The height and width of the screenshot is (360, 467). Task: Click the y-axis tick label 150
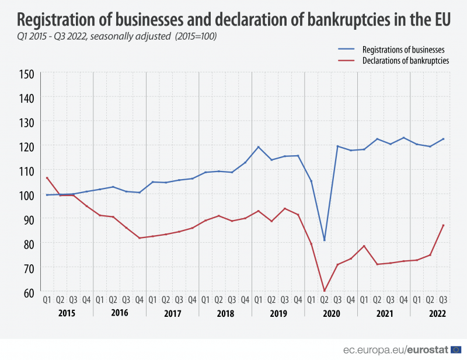point(26,74)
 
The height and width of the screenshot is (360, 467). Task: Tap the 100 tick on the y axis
point(26,195)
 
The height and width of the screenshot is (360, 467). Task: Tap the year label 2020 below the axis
point(331,313)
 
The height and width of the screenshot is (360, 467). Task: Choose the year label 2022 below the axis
point(437,313)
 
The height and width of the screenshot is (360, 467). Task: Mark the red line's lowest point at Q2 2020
point(324,291)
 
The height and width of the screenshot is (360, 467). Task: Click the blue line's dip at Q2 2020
point(324,240)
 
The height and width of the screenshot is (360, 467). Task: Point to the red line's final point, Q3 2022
point(443,225)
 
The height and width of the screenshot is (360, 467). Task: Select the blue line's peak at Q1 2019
point(258,146)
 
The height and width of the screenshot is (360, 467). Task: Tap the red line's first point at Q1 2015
point(47,177)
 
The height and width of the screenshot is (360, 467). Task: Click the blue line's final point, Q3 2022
point(443,139)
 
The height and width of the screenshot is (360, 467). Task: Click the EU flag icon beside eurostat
point(456,349)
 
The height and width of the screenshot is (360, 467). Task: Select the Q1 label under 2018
point(205,300)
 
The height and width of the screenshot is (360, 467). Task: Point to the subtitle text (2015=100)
point(198,36)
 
